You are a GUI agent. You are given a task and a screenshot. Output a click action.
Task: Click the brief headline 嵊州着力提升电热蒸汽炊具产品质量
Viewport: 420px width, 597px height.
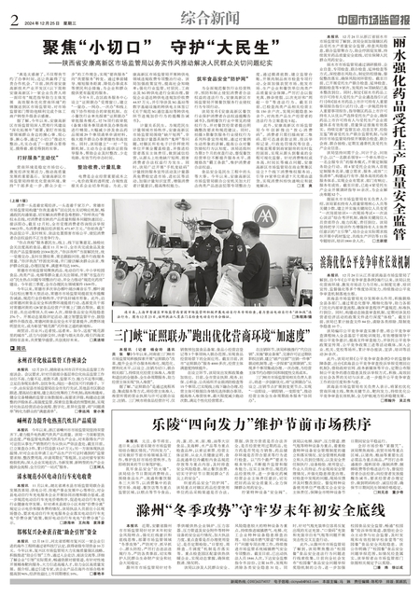point(60,420)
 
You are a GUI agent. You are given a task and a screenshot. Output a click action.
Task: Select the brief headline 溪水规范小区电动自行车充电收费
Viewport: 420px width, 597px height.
point(60,476)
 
